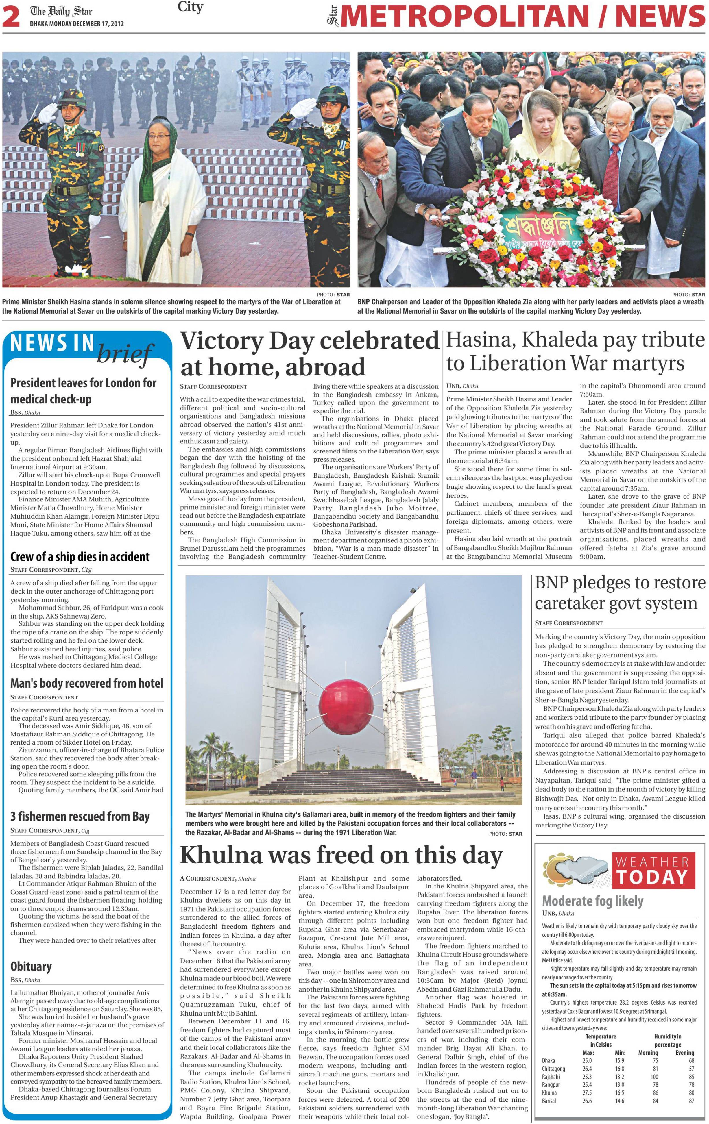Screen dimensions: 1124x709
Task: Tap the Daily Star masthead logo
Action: [x=61, y=12]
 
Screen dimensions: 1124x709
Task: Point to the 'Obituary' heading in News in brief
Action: [x=31, y=966]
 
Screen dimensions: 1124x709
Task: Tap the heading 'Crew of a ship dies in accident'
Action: [x=80, y=557]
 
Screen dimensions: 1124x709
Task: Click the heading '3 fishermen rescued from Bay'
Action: [x=80, y=816]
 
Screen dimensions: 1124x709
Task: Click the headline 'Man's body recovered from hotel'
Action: [x=86, y=683]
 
